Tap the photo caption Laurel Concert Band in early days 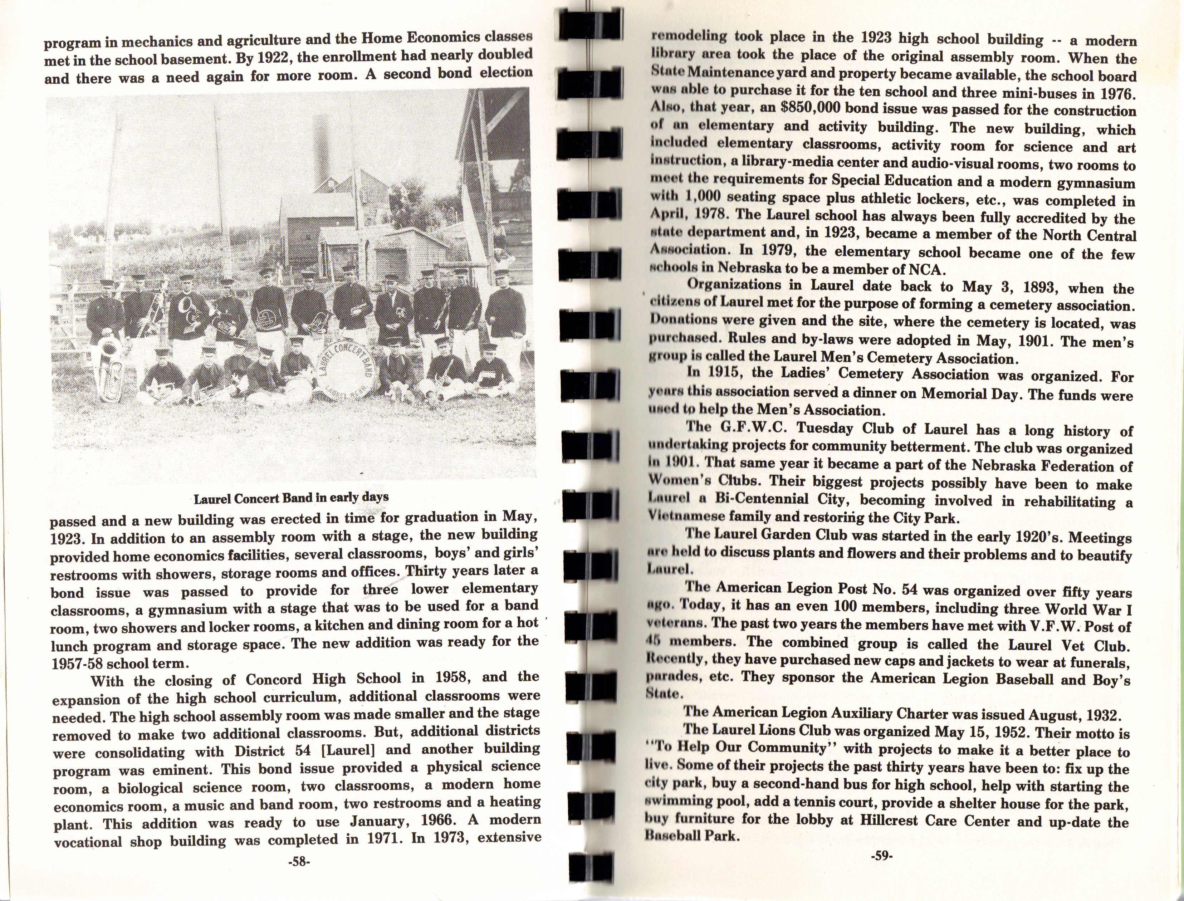pos(291,497)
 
